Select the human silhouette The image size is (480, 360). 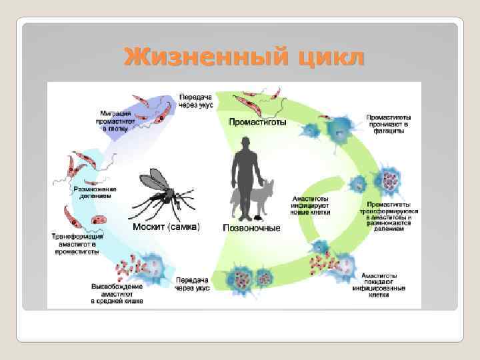(245, 177)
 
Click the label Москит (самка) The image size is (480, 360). (166, 227)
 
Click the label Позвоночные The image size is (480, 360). (251, 228)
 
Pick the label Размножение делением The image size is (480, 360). (95, 192)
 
